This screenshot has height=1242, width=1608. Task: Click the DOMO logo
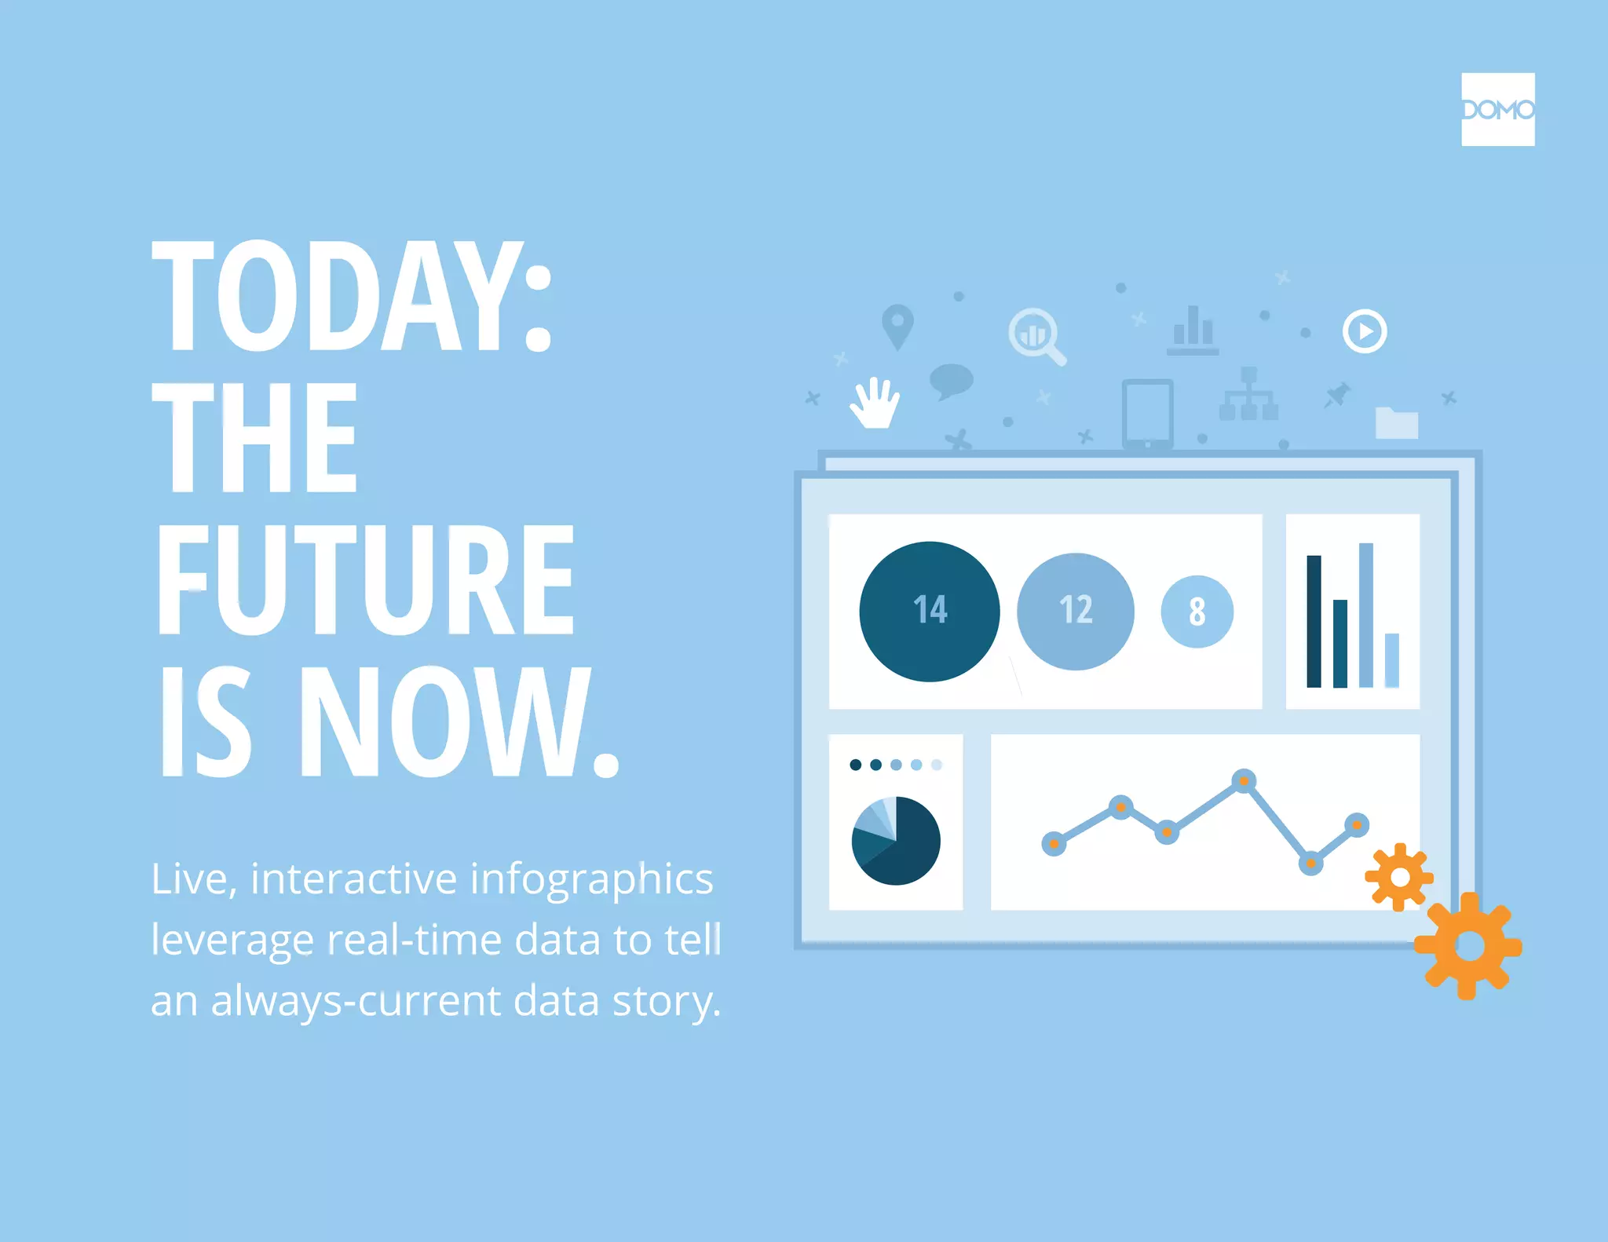tap(1497, 109)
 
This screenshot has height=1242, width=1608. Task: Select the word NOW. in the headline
tap(459, 722)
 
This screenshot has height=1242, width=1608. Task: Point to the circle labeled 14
tap(929, 611)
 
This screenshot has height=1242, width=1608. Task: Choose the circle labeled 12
tap(1075, 611)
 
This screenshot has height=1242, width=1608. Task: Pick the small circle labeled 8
tap(1197, 612)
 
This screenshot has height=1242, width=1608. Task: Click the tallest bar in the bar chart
tap(1365, 615)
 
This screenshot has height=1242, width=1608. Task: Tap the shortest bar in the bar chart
tap(1391, 660)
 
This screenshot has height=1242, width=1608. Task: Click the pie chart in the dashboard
tap(896, 841)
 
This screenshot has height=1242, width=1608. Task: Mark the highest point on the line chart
tap(1244, 780)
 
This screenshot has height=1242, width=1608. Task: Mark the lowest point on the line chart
tap(1310, 864)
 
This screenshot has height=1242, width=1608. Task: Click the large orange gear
tap(1469, 946)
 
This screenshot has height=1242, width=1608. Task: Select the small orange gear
tap(1399, 877)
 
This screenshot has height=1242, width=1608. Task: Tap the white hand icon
tap(875, 404)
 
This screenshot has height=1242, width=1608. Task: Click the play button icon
tap(1365, 331)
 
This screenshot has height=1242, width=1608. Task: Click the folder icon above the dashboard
tap(1396, 423)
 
